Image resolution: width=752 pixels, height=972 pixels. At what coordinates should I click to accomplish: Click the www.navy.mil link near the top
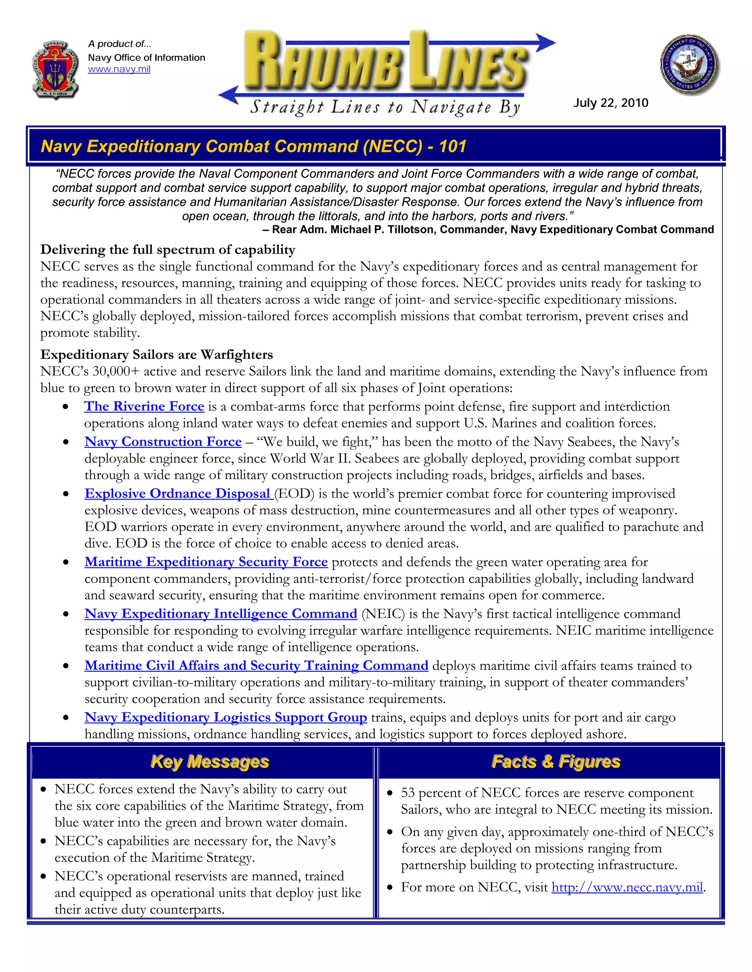pos(119,69)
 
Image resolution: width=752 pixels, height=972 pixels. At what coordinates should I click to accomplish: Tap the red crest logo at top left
pos(56,69)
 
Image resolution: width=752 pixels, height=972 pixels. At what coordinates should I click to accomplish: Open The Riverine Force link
pos(144,406)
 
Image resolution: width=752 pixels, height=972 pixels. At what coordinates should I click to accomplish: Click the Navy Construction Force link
pos(163,442)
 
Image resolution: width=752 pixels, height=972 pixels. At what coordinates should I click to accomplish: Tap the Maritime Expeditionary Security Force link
pos(206,562)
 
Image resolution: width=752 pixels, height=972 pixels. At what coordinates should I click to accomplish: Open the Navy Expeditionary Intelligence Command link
pos(221,614)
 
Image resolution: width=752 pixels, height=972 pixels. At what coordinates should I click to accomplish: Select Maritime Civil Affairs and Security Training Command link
pos(256,666)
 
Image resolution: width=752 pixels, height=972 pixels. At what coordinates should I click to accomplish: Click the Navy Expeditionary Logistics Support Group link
pos(225,717)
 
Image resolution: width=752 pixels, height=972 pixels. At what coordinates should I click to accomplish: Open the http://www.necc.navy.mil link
pos(627,887)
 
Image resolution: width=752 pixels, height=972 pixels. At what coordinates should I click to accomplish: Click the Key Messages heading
pos(210,762)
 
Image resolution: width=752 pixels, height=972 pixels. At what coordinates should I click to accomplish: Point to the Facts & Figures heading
pos(556,762)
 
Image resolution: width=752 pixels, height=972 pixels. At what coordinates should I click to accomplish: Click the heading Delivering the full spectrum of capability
pos(167,250)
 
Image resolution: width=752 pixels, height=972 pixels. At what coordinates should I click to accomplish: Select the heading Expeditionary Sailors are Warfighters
pos(156,355)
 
